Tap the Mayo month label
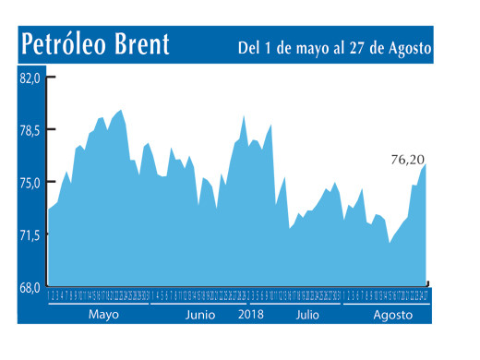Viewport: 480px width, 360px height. coord(104,315)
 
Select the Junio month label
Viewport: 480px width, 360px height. coord(200,315)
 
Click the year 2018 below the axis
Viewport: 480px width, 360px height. coord(251,315)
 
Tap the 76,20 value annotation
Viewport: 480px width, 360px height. coord(407,160)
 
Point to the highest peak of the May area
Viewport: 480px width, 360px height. coord(121,110)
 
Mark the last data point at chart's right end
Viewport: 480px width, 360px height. coord(426,164)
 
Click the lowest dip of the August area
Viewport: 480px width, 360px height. coord(390,243)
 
